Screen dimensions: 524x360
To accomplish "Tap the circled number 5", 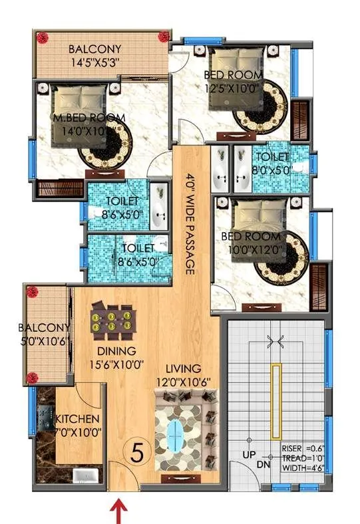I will (x=137, y=454).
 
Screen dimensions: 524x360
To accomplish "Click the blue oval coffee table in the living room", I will (x=176, y=436).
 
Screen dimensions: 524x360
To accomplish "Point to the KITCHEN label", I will (x=77, y=420).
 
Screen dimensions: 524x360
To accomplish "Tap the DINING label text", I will (x=116, y=351).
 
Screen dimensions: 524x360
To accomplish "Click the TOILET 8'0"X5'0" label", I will (x=272, y=162).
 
